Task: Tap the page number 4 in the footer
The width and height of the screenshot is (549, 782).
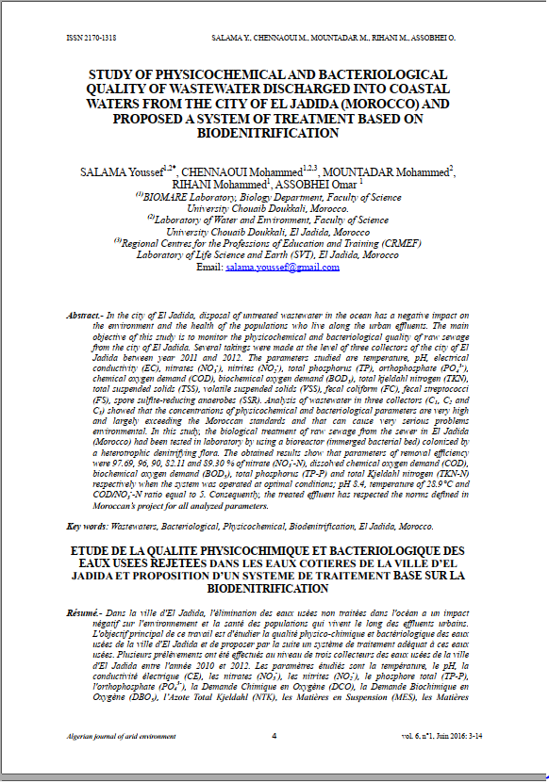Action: pos(274,760)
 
